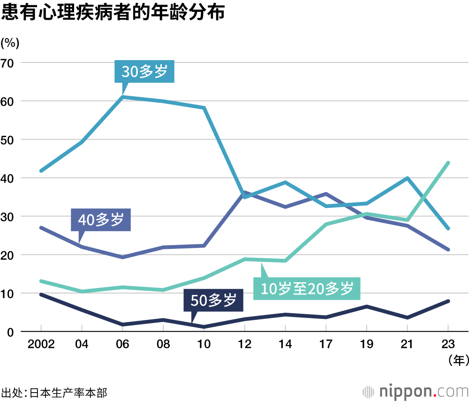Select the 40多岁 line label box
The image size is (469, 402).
[x=101, y=220]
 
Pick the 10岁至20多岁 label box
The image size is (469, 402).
[x=307, y=288]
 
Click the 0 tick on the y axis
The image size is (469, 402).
[x=11, y=332]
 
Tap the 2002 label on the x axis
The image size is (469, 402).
[x=41, y=344]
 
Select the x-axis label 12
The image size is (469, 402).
[x=245, y=344]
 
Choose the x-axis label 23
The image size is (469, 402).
[x=448, y=344]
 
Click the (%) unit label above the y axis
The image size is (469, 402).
[x=10, y=43]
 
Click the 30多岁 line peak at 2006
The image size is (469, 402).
[x=122, y=97]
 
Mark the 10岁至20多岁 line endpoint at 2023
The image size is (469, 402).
[x=448, y=163]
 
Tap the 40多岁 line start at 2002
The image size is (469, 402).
[x=41, y=228]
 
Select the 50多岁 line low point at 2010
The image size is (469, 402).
[x=204, y=326]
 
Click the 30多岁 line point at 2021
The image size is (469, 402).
[x=408, y=178]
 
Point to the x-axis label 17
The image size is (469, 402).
[x=326, y=344]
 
